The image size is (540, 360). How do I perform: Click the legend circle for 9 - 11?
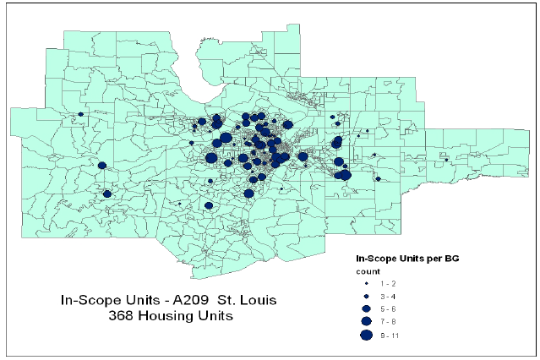tap(367, 335)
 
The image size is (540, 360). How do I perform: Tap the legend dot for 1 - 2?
tap(367, 285)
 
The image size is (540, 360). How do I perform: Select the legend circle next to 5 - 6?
tap(367, 308)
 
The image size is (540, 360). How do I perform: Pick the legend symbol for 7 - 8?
tap(367, 321)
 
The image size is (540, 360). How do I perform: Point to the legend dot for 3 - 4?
tap(367, 297)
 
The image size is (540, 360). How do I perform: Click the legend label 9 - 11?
tap(390, 335)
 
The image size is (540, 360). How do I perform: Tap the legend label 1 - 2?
tap(388, 285)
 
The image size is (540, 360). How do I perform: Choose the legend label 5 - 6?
tap(389, 309)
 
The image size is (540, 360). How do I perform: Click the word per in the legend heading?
tap(430, 256)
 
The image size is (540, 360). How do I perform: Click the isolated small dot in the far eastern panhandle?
tap(446, 159)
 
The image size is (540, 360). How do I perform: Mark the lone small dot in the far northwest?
tap(80, 114)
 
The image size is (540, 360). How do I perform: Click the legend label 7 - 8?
tap(389, 322)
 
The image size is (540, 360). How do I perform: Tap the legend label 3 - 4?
tap(389, 297)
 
